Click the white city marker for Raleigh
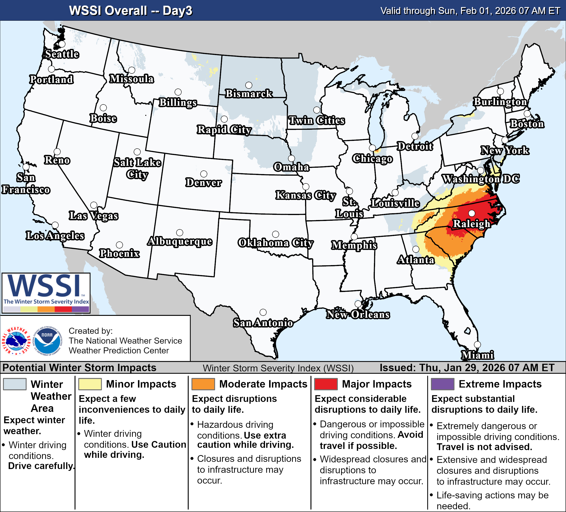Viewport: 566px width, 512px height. [x=472, y=213]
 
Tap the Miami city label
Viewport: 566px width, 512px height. [x=478, y=355]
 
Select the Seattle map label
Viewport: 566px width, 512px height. [x=62, y=54]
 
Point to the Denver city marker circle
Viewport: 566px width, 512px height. [x=204, y=174]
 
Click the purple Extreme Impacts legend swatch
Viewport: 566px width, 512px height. [x=443, y=384]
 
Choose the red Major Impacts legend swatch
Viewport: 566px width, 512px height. [x=326, y=384]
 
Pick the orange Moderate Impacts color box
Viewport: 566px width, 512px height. [x=203, y=384]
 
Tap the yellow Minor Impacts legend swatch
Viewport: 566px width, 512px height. [x=90, y=384]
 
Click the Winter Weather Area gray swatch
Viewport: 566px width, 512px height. [x=15, y=384]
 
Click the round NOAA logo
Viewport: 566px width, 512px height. [x=47, y=341]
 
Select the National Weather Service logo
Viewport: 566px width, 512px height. [x=16, y=341]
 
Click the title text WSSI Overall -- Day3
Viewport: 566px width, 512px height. [x=130, y=11]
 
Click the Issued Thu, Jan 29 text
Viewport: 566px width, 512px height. [x=467, y=368]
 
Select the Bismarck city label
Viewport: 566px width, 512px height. [x=249, y=93]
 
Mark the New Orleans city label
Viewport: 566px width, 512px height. [x=358, y=314]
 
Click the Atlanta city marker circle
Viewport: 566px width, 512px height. [x=416, y=249]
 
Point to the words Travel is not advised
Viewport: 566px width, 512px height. [x=484, y=447]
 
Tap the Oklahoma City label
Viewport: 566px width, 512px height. [x=275, y=243]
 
